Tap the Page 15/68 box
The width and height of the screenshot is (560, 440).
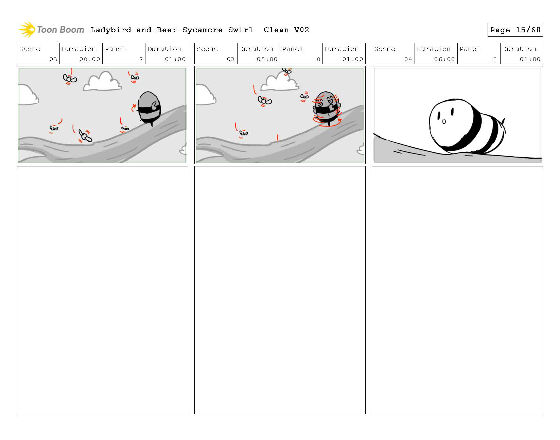click(515, 30)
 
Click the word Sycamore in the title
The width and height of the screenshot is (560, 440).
click(202, 30)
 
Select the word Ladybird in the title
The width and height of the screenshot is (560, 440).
click(111, 30)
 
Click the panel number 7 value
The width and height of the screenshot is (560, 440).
click(141, 59)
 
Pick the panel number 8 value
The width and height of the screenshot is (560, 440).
click(318, 59)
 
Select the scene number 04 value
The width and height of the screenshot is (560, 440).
click(408, 59)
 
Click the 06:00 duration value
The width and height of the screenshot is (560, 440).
click(444, 59)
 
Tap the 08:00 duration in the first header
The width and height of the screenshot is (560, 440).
click(90, 59)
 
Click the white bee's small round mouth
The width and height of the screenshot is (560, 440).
click(444, 121)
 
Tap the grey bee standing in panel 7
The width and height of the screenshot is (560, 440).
click(149, 108)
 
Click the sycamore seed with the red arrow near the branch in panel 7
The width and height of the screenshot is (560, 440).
click(85, 136)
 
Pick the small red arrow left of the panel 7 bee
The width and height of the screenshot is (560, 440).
click(133, 108)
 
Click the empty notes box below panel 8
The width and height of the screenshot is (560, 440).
click(280, 290)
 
